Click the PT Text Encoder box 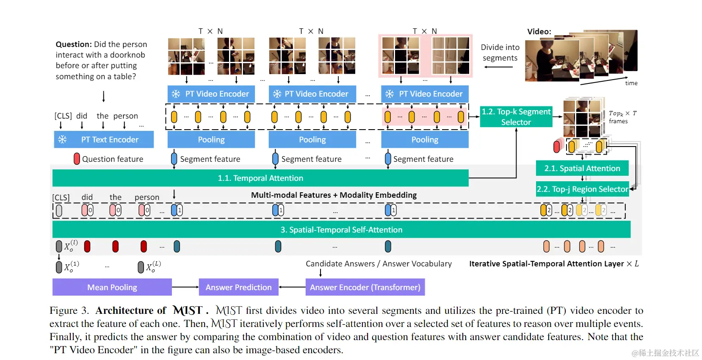click(x=104, y=140)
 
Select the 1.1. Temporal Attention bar click(x=260, y=178)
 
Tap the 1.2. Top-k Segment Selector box click(x=516, y=117)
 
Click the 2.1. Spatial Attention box click(x=582, y=169)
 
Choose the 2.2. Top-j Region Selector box click(x=583, y=189)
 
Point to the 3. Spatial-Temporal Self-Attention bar click(x=341, y=230)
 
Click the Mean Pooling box click(x=112, y=288)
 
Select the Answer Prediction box click(x=238, y=288)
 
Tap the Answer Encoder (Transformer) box click(x=365, y=288)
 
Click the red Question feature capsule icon click(x=77, y=159)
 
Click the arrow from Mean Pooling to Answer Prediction click(x=185, y=288)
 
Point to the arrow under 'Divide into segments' click(x=498, y=67)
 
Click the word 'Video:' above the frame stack click(x=539, y=32)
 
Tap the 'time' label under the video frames click(x=631, y=83)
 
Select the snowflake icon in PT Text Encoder click(x=63, y=140)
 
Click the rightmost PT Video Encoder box click(x=425, y=94)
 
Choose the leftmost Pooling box click(x=211, y=140)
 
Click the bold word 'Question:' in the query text click(x=74, y=44)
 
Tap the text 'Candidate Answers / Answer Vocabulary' click(x=379, y=264)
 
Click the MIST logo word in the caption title click(x=188, y=311)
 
